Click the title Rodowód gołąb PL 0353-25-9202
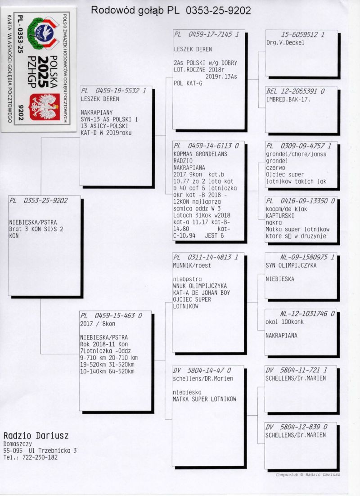pyautogui.click(x=171, y=10)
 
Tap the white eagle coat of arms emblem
pyautogui.click(x=45, y=107)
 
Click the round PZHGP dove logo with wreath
pyautogui.click(x=43, y=33)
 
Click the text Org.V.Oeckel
pyautogui.click(x=285, y=42)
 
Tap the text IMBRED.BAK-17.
pyautogui.click(x=288, y=99)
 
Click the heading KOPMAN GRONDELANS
pyautogui.click(x=200, y=154)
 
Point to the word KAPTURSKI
pyautogui.click(x=279, y=216)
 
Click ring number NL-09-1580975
pyautogui.click(x=304, y=257)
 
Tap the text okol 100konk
pyautogui.click(x=284, y=322)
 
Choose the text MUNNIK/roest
pyautogui.click(x=192, y=266)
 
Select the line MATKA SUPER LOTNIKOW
pyautogui.click(x=204, y=399)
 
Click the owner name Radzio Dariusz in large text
pyautogui.click(x=36, y=436)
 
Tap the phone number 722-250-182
pyautogui.click(x=40, y=457)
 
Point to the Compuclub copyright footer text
pyautogui.click(x=308, y=474)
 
